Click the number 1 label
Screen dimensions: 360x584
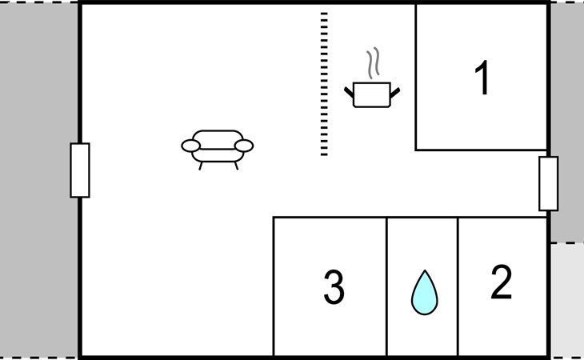tap(482, 79)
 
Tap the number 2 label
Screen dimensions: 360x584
tap(501, 282)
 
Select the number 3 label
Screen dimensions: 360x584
tap(334, 288)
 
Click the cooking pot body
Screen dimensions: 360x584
tap(371, 94)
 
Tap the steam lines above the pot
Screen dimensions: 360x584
tap(373, 63)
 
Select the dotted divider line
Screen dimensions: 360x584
tap(324, 84)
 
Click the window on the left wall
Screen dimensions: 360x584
tap(80, 170)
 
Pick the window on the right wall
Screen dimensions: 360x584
tap(548, 183)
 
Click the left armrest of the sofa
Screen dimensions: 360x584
tap(190, 146)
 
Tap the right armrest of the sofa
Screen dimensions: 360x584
tap(245, 146)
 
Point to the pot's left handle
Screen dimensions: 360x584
tap(349, 94)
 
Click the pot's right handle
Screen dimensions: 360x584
tap(394, 94)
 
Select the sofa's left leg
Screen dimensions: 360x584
tap(200, 166)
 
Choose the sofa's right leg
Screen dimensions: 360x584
tap(236, 166)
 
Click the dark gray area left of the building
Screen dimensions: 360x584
tap(38, 180)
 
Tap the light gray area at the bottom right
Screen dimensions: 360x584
tap(566, 300)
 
